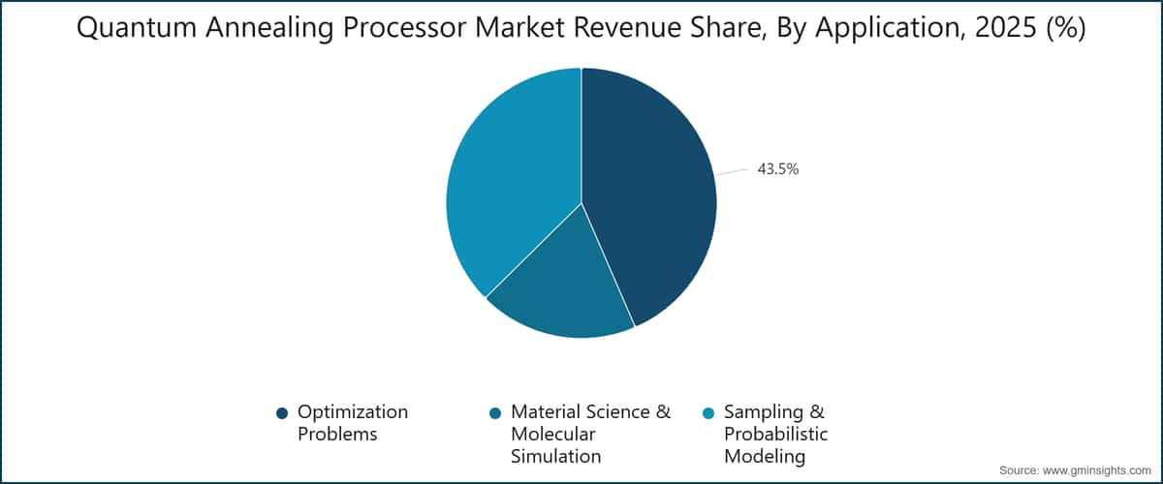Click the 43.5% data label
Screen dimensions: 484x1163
click(777, 169)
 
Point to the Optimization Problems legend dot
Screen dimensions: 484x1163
click(282, 413)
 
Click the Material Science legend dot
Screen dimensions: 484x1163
click(495, 413)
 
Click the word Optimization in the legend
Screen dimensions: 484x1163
click(353, 412)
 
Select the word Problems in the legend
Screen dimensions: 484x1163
click(336, 435)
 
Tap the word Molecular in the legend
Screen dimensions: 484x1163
click(553, 435)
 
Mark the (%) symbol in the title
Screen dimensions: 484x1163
click(1063, 31)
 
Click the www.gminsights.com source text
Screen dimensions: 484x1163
click(1102, 469)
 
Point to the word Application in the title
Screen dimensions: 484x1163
click(885, 31)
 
